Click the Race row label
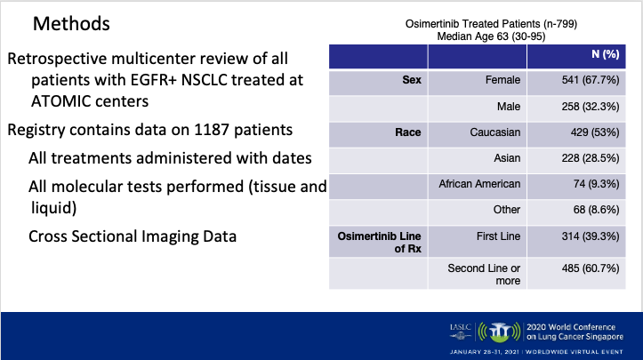[x=406, y=132]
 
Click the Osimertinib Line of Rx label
[x=379, y=243]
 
